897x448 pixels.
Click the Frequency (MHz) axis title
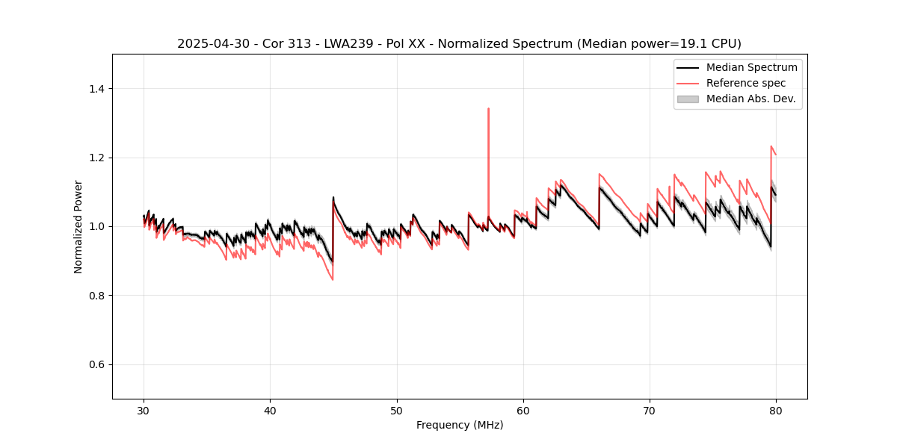[460, 425]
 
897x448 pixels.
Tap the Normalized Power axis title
[78, 226]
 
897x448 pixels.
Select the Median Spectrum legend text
[751, 67]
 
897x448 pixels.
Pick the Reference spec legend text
[746, 83]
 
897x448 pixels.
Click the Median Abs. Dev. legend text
[751, 99]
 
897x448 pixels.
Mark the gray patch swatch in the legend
[688, 99]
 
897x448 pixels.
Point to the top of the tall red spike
[488, 108]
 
